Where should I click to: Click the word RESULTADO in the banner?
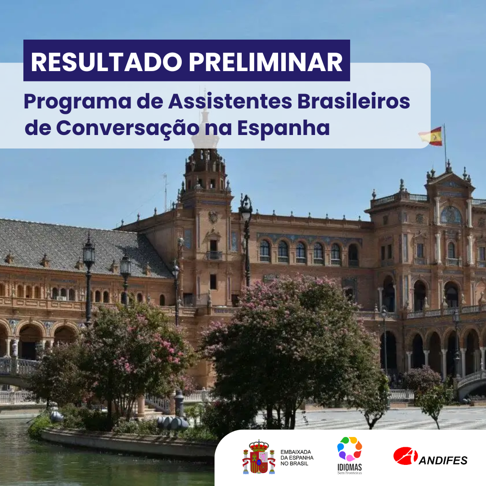(106, 62)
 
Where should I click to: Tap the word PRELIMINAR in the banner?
(265, 62)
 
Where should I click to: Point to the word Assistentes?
(230, 101)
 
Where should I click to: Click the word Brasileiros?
(354, 101)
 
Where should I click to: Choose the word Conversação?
(128, 128)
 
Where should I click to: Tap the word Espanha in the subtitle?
(283, 128)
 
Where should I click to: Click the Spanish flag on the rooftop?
(431, 136)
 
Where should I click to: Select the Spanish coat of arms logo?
(258, 457)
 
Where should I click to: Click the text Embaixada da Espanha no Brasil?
(297, 458)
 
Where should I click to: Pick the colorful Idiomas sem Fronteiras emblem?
(349, 449)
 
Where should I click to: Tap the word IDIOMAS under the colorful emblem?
(350, 468)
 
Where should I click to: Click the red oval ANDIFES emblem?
(405, 456)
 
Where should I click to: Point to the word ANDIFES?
(443, 461)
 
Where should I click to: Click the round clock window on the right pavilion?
(451, 215)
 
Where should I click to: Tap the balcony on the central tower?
(214, 255)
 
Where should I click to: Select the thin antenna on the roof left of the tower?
(166, 192)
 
